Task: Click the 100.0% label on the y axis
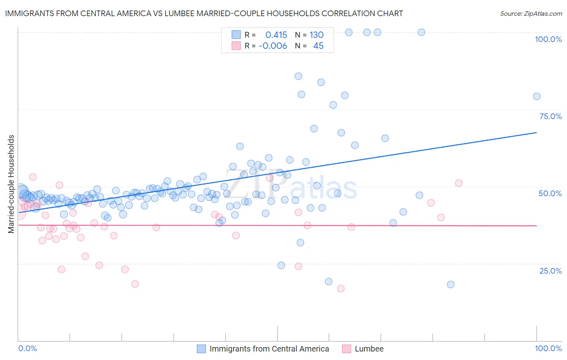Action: tap(548, 39)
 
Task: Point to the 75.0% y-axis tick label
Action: tap(550, 116)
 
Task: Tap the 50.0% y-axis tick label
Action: tap(550, 193)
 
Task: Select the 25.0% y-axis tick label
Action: tap(550, 270)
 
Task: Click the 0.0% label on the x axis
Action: tap(28, 348)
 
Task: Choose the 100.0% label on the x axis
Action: tap(548, 348)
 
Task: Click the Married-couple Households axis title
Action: tap(11, 184)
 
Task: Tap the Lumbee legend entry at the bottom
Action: tap(369, 349)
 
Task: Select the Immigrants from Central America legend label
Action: tap(269, 349)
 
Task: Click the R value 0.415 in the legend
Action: tap(276, 35)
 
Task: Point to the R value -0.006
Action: tap(273, 46)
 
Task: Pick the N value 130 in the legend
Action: tap(317, 35)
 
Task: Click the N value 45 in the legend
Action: tap(318, 46)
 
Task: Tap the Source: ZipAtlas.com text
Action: tap(531, 14)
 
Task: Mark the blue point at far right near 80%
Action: tap(536, 96)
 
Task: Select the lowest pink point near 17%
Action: tap(340, 289)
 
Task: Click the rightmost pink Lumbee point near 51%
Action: tap(459, 183)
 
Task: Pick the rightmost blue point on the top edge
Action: tap(421, 32)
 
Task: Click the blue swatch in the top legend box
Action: tap(236, 35)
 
